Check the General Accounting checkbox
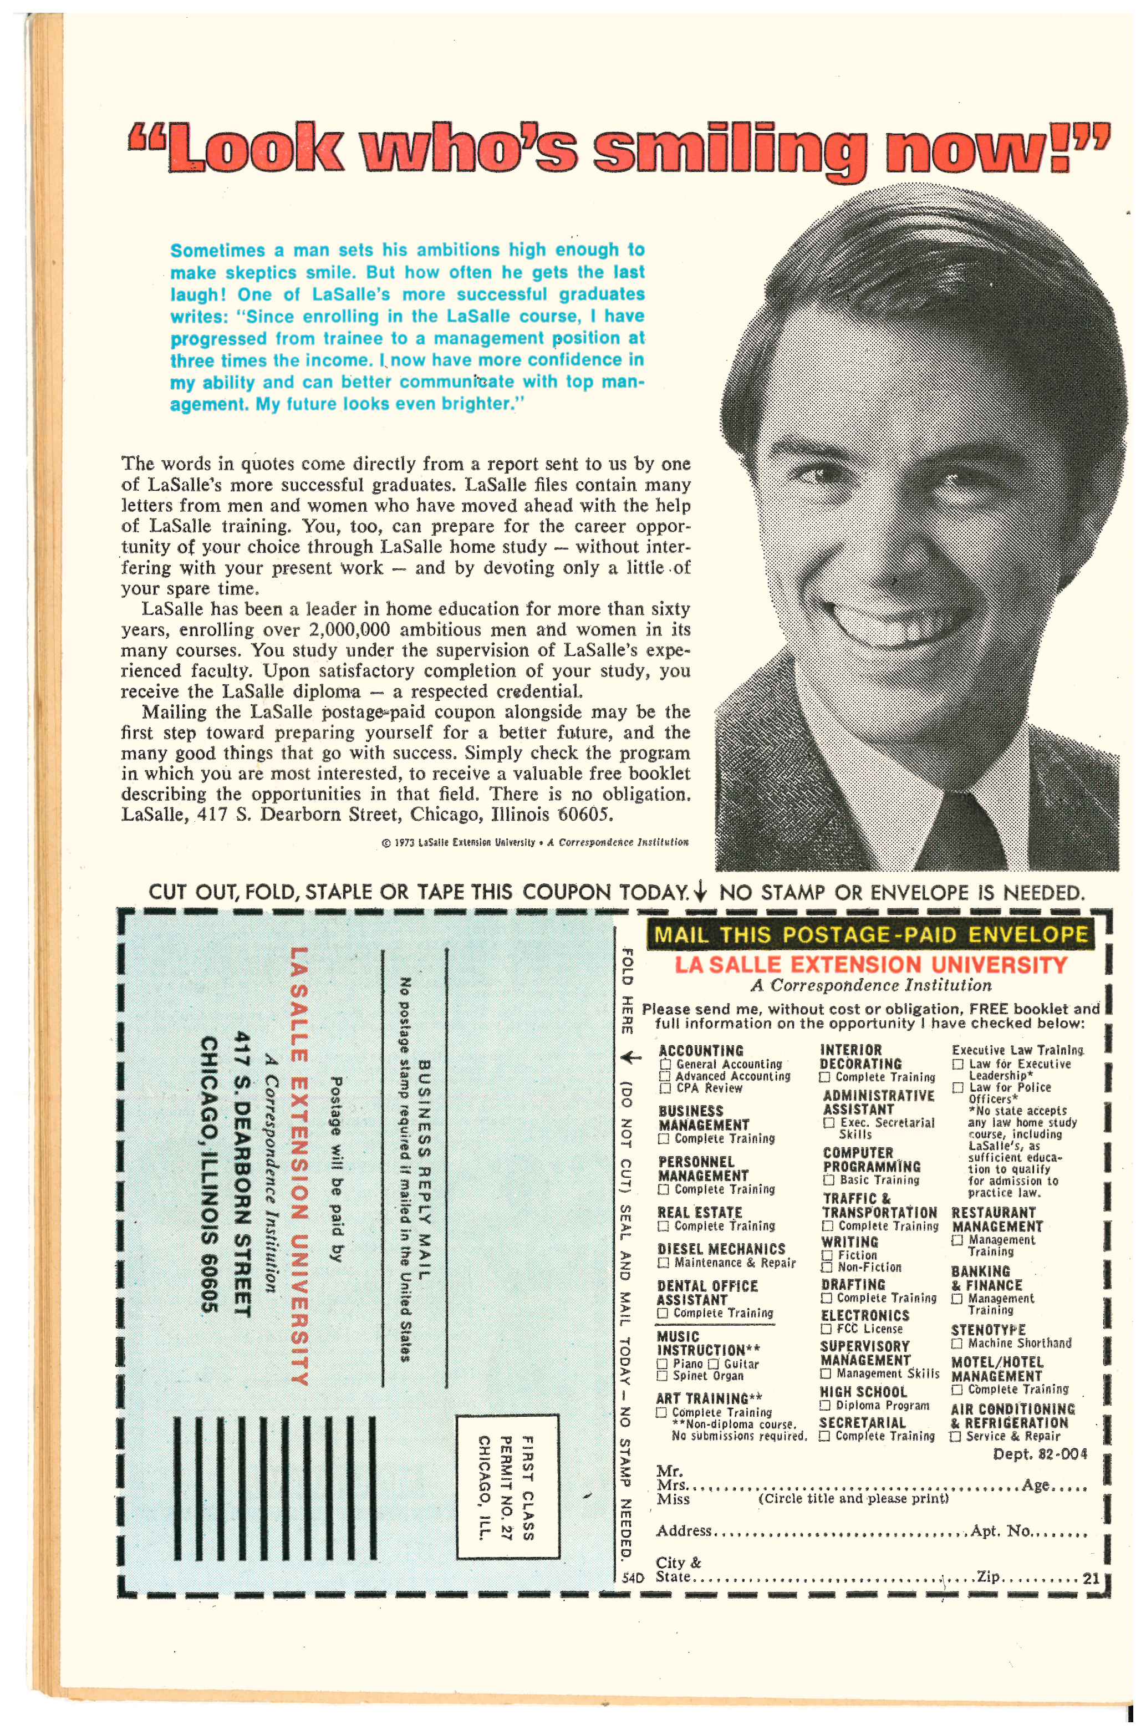pos(665,1064)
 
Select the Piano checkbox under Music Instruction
pos(662,1363)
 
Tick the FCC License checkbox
pos(827,1329)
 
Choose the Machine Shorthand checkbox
pos(957,1344)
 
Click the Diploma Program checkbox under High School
pos(825,1406)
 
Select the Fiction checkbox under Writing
pos(827,1255)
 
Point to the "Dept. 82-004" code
pos(1040,1454)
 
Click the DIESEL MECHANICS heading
pos(721,1249)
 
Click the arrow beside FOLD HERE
pos(631,1057)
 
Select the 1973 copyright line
pos(534,842)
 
